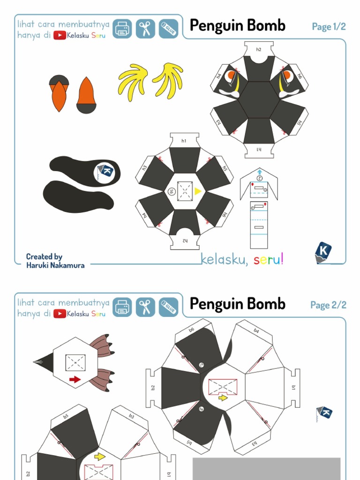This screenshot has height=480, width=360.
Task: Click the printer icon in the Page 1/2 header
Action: pyautogui.click(x=122, y=29)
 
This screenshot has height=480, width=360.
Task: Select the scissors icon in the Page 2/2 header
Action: pyautogui.click(x=145, y=307)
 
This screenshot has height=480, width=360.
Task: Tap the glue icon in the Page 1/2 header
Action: pyautogui.click(x=168, y=29)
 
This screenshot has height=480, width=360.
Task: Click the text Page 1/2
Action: pyautogui.click(x=329, y=27)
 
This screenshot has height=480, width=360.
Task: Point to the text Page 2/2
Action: pyautogui.click(x=328, y=305)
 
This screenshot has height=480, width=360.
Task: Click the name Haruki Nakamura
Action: pyautogui.click(x=55, y=265)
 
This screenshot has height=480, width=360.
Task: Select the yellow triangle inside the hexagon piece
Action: pyautogui.click(x=198, y=191)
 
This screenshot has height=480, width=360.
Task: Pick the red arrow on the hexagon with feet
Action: pyautogui.click(x=75, y=379)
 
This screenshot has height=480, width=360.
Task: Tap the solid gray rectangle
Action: pyautogui.click(x=266, y=469)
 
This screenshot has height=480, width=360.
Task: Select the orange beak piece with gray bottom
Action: pyautogui.click(x=86, y=96)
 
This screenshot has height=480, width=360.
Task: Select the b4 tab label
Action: pyautogui.click(x=256, y=331)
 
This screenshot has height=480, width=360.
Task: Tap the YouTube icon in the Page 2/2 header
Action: pyautogui.click(x=60, y=314)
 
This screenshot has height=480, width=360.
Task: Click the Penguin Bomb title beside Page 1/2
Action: pyautogui.click(x=237, y=26)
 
